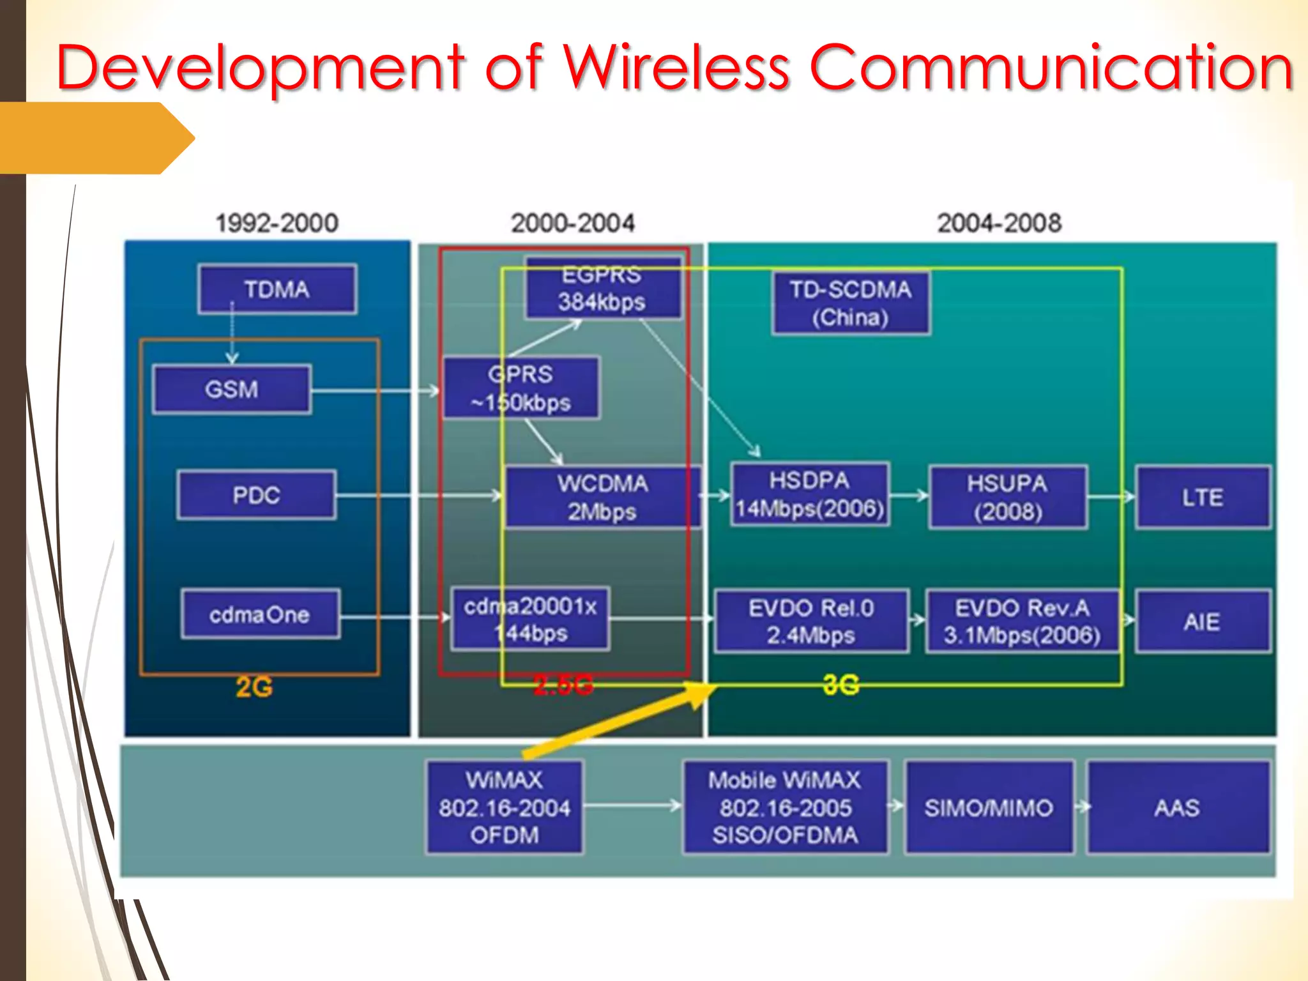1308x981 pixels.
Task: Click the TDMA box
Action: point(277,289)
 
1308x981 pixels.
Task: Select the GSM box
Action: point(232,389)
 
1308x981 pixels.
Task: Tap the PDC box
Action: point(256,495)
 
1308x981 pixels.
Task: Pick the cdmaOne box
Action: point(260,614)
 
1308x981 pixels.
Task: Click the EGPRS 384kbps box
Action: point(602,288)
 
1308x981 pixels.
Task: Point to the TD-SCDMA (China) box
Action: point(850,303)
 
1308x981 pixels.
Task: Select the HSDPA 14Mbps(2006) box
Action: point(809,495)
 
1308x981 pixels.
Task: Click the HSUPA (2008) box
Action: point(1007,498)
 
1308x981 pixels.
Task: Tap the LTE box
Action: point(1202,498)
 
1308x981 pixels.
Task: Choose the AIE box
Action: point(1202,621)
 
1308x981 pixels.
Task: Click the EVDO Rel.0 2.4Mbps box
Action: point(810,621)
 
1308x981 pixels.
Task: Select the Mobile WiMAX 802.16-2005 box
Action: point(785,807)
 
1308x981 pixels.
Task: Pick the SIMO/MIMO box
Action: point(989,807)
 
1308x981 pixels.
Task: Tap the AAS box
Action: point(1177,807)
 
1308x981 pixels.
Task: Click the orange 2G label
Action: point(254,687)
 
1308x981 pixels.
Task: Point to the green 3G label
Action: point(840,685)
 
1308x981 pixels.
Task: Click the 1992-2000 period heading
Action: point(277,223)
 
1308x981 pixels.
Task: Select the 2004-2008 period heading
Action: point(999,223)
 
